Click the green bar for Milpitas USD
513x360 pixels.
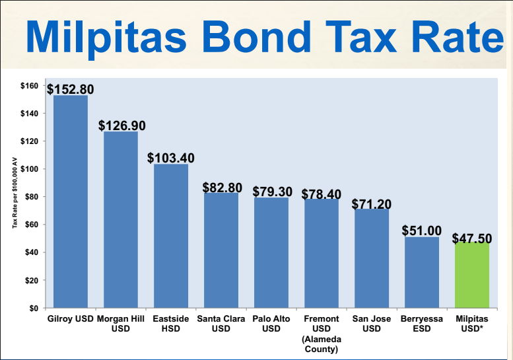pyautogui.click(x=471, y=276)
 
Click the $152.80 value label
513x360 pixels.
pyautogui.click(x=70, y=89)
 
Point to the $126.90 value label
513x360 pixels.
pyautogui.click(x=122, y=126)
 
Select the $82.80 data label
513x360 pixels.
pyautogui.click(x=222, y=188)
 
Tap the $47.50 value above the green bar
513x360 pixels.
pyautogui.click(x=472, y=238)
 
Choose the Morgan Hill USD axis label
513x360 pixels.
pyautogui.click(x=121, y=324)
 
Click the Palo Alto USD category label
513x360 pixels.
pyautogui.click(x=271, y=324)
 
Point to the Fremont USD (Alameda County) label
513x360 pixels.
pyautogui.click(x=321, y=334)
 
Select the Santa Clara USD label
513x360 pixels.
pyautogui.click(x=221, y=324)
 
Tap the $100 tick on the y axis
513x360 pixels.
pyautogui.click(x=29, y=169)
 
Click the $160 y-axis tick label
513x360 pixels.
pyautogui.click(x=29, y=86)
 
